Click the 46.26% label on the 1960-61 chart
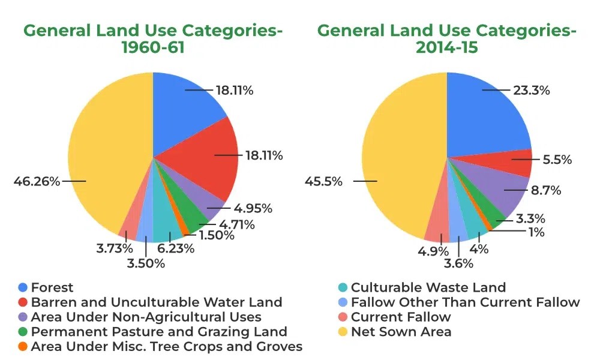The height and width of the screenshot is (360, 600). click(37, 181)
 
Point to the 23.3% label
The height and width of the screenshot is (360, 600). click(531, 91)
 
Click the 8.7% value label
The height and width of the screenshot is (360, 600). click(545, 191)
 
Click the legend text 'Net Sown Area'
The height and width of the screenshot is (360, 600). click(401, 332)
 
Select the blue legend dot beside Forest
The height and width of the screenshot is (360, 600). click(23, 287)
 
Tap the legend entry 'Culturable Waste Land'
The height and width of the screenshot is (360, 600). click(428, 287)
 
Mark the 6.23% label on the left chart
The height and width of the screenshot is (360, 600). click(175, 248)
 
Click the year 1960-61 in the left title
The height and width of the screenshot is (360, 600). click(153, 47)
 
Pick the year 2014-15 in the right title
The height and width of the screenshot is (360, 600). click(447, 47)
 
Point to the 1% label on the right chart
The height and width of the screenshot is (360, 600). click(533, 232)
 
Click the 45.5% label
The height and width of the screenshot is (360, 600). click(324, 181)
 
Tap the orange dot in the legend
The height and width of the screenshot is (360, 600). click(23, 347)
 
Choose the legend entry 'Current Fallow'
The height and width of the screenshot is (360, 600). click(400, 317)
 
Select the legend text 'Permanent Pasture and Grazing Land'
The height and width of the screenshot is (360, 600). click(159, 332)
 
